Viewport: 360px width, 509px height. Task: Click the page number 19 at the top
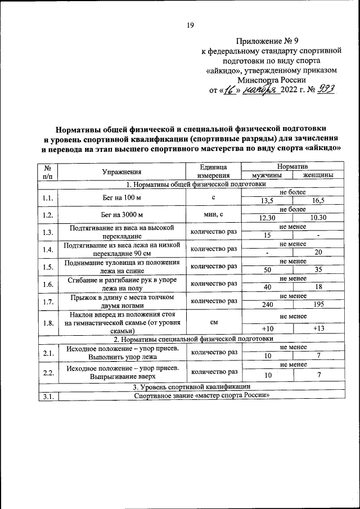pos(190,25)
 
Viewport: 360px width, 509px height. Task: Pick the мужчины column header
pos(267,175)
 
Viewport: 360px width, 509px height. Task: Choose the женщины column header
pos(318,175)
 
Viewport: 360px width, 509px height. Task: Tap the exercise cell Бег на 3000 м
pos(121,214)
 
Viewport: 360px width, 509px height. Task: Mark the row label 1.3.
pos(47,232)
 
